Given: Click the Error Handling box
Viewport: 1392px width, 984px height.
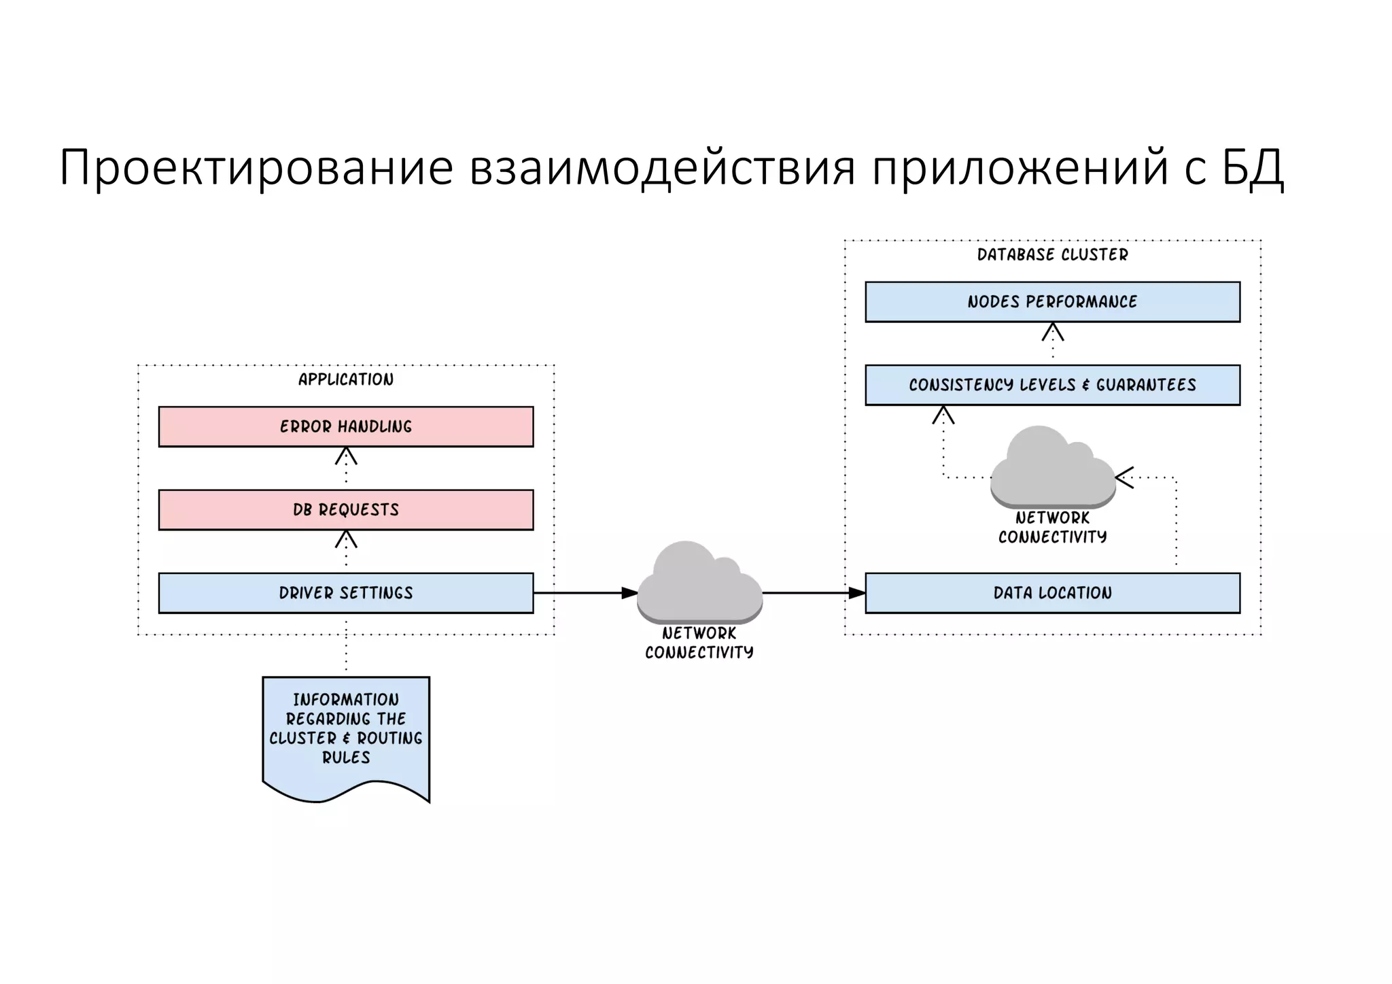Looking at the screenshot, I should (x=346, y=426).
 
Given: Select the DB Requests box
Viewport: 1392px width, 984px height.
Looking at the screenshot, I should (x=346, y=509).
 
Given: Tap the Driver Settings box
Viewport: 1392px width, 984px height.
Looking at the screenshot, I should (x=346, y=593).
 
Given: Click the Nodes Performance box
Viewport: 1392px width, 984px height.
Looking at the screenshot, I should (x=1052, y=302).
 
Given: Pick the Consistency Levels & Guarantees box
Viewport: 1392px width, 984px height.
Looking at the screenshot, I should (x=1052, y=385).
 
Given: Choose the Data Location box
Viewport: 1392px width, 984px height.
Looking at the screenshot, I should (x=1052, y=593).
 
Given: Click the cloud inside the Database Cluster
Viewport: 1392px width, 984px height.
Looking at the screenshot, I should (x=1051, y=469).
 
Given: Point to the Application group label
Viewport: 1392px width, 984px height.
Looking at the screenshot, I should (x=346, y=379).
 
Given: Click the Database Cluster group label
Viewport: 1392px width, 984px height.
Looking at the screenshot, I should (x=1052, y=255).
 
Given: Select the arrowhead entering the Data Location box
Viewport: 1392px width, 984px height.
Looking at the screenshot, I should (x=857, y=593).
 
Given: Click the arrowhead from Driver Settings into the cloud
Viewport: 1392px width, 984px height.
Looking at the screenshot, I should (x=630, y=593).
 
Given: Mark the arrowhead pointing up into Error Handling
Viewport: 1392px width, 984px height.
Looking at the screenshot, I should (x=346, y=456).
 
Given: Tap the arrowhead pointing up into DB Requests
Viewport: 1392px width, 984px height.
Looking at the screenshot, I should (x=346, y=539).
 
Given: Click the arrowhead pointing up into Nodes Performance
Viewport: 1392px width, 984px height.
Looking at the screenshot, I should (x=1052, y=331).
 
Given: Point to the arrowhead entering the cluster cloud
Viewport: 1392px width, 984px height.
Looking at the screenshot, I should (x=1124, y=477).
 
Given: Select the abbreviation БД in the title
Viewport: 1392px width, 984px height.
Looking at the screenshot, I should (x=1253, y=167).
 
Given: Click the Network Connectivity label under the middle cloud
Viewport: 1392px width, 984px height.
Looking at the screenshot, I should (x=699, y=643).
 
